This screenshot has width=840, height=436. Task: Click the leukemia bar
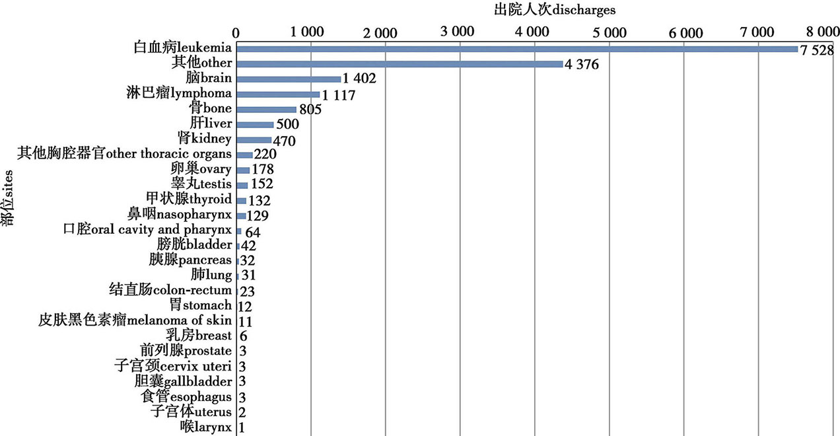click(517, 49)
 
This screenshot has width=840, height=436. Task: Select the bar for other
click(400, 64)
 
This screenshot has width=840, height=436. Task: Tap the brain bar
click(289, 79)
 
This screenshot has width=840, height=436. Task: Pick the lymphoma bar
click(278, 94)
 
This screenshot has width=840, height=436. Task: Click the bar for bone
click(266, 110)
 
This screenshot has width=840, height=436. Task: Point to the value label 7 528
click(817, 52)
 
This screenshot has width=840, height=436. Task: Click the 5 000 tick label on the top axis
click(609, 31)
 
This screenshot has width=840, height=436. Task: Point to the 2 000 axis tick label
click(385, 31)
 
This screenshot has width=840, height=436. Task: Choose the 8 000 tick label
click(822, 31)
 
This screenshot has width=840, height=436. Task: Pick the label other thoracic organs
click(124, 153)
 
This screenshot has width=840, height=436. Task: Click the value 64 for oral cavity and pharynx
click(253, 232)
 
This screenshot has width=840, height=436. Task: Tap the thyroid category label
click(189, 199)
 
